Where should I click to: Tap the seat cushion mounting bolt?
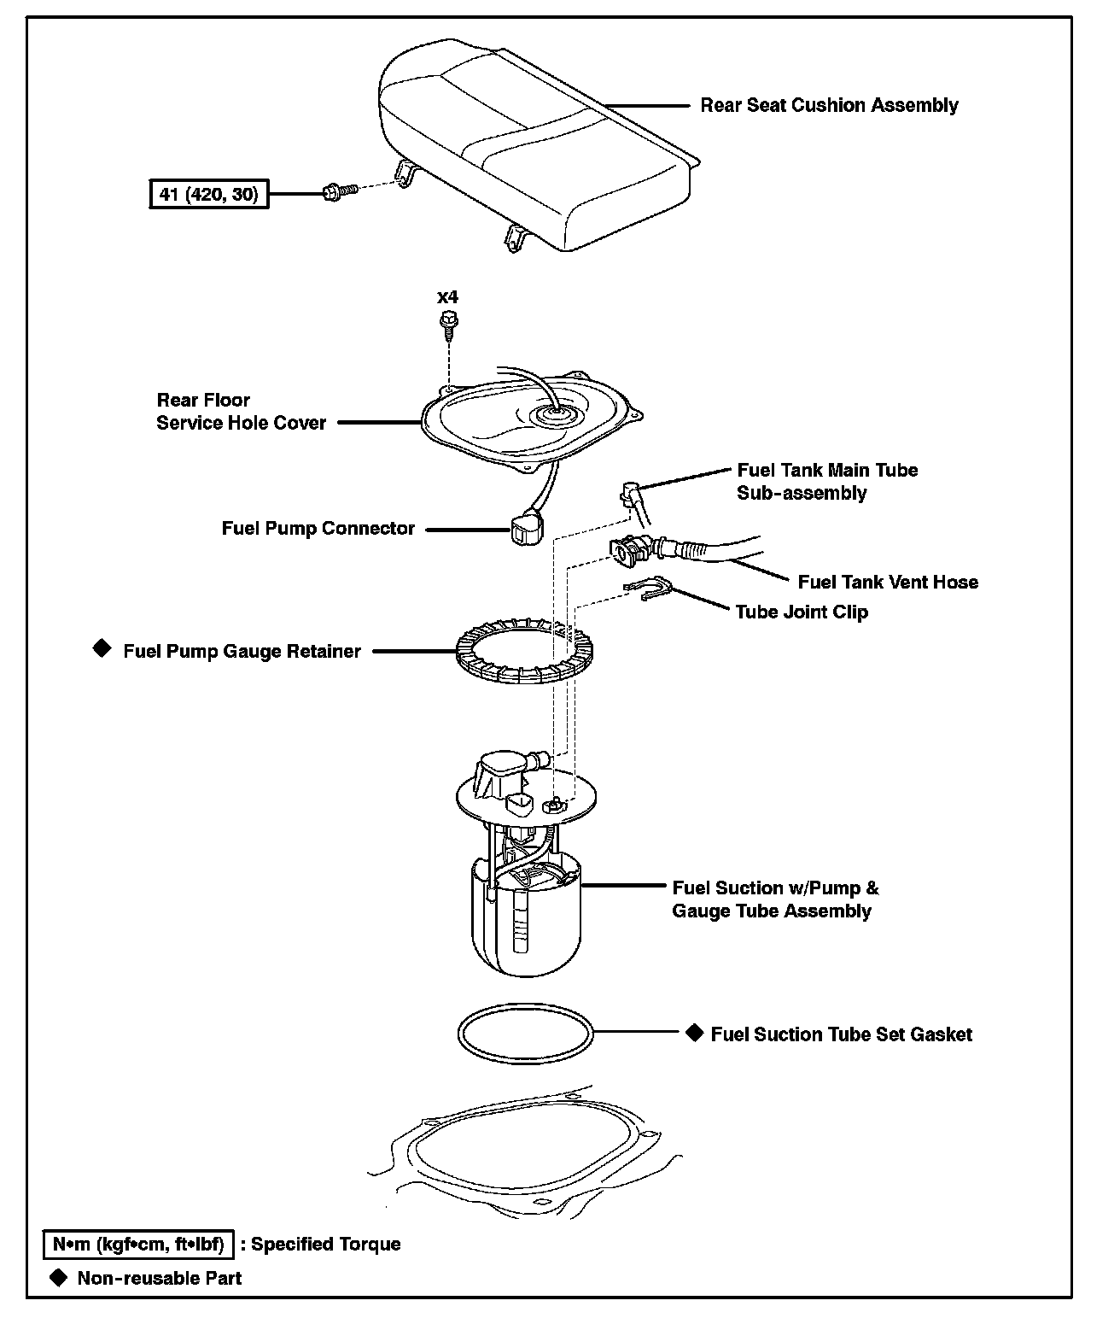[x=340, y=191]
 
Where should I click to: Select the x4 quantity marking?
[x=447, y=297]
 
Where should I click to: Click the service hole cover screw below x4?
[x=449, y=325]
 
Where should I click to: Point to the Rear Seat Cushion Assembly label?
[x=829, y=105]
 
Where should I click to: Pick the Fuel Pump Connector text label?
[x=318, y=529]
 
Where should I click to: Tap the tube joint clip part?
[x=646, y=588]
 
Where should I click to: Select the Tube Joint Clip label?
[x=802, y=612]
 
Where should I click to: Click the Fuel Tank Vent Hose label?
[x=888, y=583]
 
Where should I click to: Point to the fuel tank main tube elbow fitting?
[x=631, y=494]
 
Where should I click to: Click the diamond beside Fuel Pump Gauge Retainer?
[x=102, y=648]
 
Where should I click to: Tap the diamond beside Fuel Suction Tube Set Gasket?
[x=694, y=1033]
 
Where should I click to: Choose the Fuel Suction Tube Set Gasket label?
[x=841, y=1034]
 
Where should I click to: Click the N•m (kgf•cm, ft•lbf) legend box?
[x=138, y=1244]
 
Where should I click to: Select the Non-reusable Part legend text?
[x=160, y=1279]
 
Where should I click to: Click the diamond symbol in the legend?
[x=58, y=1278]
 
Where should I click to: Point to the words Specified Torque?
[x=326, y=1245]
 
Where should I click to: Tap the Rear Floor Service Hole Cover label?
[x=242, y=411]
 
